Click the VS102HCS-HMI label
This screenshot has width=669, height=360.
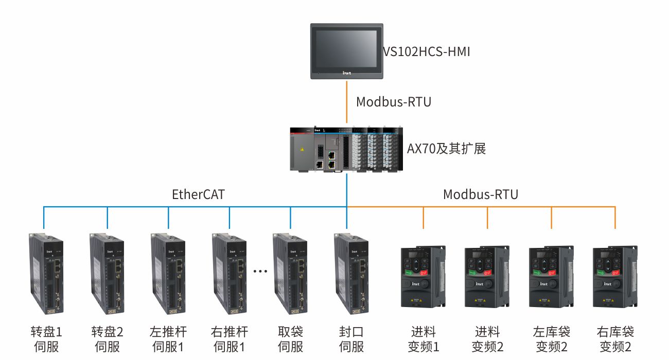click(426, 51)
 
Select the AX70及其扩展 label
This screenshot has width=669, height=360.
click(446, 149)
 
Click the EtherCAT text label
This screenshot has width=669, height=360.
click(198, 194)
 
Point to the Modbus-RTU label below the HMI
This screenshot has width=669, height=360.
click(393, 102)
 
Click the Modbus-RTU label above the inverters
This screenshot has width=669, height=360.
click(480, 194)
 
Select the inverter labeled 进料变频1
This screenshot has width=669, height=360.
click(422, 277)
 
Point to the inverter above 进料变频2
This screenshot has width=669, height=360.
click(487, 277)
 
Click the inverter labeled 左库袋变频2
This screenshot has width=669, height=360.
click(551, 277)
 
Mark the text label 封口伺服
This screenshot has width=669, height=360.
click(351, 339)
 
